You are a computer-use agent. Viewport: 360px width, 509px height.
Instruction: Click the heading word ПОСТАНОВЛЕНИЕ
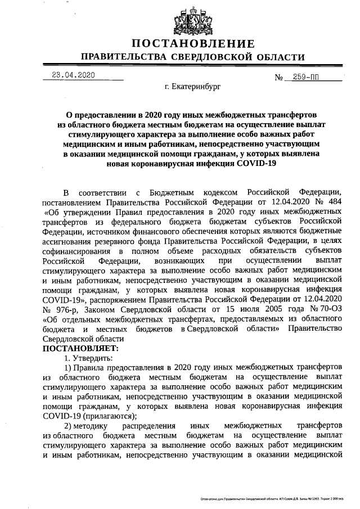pos(193,44)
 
